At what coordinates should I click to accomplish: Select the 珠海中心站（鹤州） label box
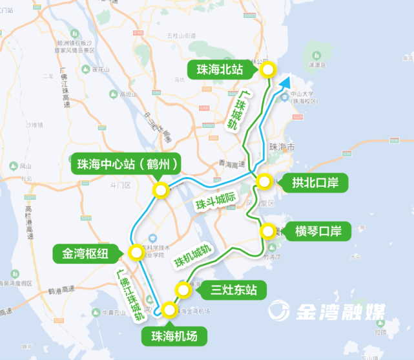click(x=125, y=164)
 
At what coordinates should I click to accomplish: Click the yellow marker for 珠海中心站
click(x=160, y=189)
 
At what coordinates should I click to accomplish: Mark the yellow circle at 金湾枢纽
click(x=135, y=252)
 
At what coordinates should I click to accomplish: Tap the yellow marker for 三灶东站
click(x=185, y=290)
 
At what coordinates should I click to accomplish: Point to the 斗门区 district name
click(x=119, y=185)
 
